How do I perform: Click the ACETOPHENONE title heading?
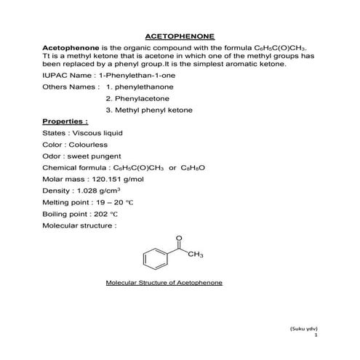tap(180, 34)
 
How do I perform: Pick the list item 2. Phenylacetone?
tap(136, 97)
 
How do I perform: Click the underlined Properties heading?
tap(65, 121)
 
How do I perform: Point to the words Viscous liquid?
tap(98, 133)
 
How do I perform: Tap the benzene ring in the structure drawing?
tap(150, 257)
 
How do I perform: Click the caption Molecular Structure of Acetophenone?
tap(163, 281)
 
